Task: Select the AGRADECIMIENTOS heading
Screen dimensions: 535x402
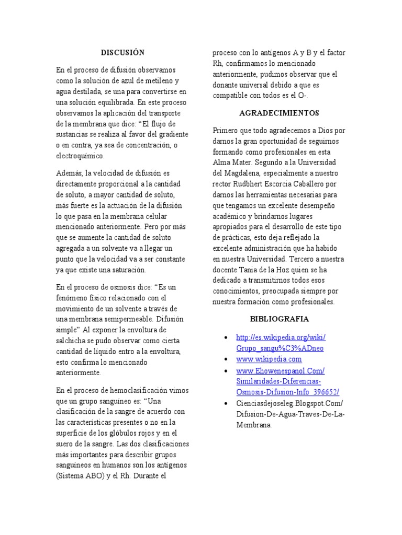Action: pyautogui.click(x=279, y=113)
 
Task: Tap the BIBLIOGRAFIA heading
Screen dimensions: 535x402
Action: pyautogui.click(x=279, y=319)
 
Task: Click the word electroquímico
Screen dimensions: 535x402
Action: pyautogui.click(x=81, y=156)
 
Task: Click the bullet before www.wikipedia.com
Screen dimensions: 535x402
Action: pyautogui.click(x=225, y=360)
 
